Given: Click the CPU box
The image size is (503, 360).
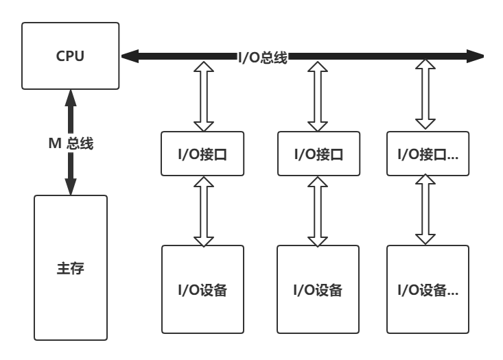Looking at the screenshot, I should [70, 56].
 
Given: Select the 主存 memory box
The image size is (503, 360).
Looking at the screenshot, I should [70, 267].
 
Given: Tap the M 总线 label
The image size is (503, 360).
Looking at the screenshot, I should [70, 143].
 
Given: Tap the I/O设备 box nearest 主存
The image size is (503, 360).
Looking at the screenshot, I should [202, 289].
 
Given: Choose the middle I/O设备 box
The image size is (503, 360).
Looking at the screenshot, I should [318, 289].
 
